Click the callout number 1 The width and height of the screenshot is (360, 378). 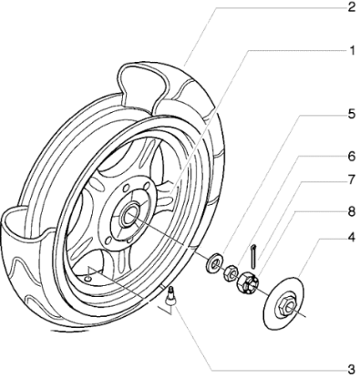[351, 50]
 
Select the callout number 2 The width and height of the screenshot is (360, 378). [351, 7]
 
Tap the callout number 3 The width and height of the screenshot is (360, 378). [351, 369]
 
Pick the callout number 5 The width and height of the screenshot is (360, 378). [351, 141]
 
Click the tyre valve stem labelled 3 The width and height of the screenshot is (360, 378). [170, 295]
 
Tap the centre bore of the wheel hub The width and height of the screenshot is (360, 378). [129, 217]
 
